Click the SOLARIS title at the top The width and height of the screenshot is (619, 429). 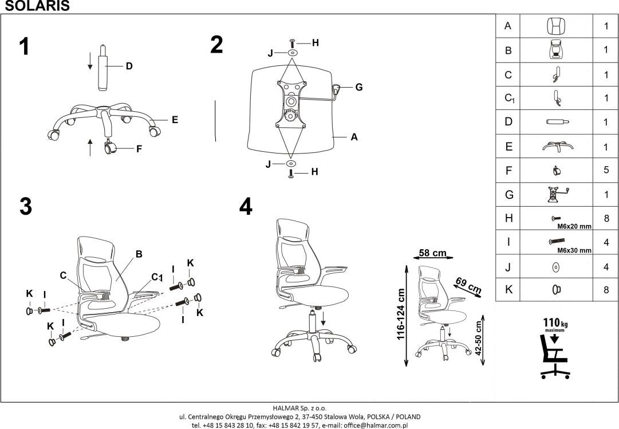click(35, 6)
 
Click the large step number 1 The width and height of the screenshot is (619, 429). click(24, 46)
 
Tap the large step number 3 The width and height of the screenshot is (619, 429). click(25, 207)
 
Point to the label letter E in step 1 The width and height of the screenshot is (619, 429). click(175, 120)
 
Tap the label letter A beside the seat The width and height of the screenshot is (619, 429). click(354, 137)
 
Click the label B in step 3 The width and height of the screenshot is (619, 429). click(139, 254)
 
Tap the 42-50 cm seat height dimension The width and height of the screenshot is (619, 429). click(479, 339)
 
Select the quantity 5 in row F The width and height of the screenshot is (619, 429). click(606, 170)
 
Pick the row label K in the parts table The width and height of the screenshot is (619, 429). click(508, 290)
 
